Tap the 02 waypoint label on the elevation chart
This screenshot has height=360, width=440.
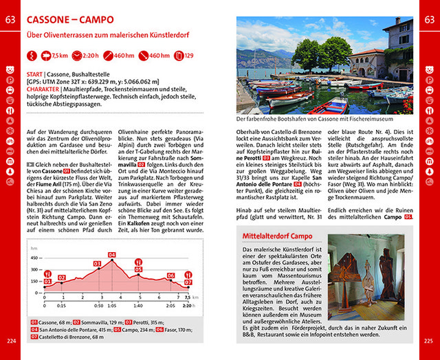[x=62, y=278]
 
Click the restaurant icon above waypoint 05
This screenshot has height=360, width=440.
[x=138, y=262]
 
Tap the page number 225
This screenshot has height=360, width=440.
[x=428, y=341]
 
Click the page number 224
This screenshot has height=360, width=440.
[x=11, y=341]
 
